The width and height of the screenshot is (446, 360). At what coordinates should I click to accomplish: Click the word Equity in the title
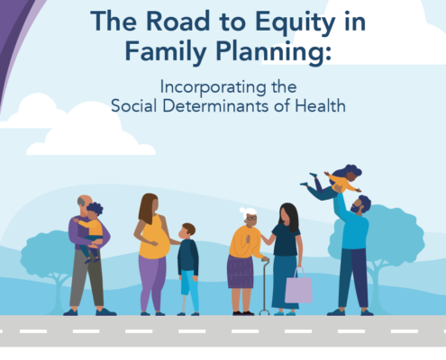tap(295, 22)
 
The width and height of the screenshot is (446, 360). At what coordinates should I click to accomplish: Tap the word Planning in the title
tap(269, 52)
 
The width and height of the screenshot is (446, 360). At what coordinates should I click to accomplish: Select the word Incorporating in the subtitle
tap(213, 87)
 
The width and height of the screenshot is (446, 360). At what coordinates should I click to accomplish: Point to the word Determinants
tap(215, 106)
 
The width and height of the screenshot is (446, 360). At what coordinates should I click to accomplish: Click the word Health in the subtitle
tap(320, 106)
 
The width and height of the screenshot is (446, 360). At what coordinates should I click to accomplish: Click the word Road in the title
tap(178, 22)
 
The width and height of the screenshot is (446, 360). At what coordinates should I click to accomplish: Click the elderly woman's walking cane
tap(265, 285)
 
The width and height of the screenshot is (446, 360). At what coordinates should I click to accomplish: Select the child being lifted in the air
tap(333, 182)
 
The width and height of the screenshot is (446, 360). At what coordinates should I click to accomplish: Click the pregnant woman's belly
tap(159, 244)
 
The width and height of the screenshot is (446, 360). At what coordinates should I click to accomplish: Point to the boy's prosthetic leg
tap(184, 303)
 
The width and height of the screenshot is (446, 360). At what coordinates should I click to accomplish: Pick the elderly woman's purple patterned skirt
tap(241, 272)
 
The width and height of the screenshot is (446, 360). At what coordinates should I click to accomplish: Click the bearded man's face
tap(358, 206)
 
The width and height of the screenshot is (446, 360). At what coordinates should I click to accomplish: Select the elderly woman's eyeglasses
tap(251, 218)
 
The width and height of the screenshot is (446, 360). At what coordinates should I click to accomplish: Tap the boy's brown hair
tap(189, 229)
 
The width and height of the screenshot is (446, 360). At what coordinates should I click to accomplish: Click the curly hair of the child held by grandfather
tap(96, 208)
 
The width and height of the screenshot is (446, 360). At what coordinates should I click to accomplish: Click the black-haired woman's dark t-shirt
tap(286, 240)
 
